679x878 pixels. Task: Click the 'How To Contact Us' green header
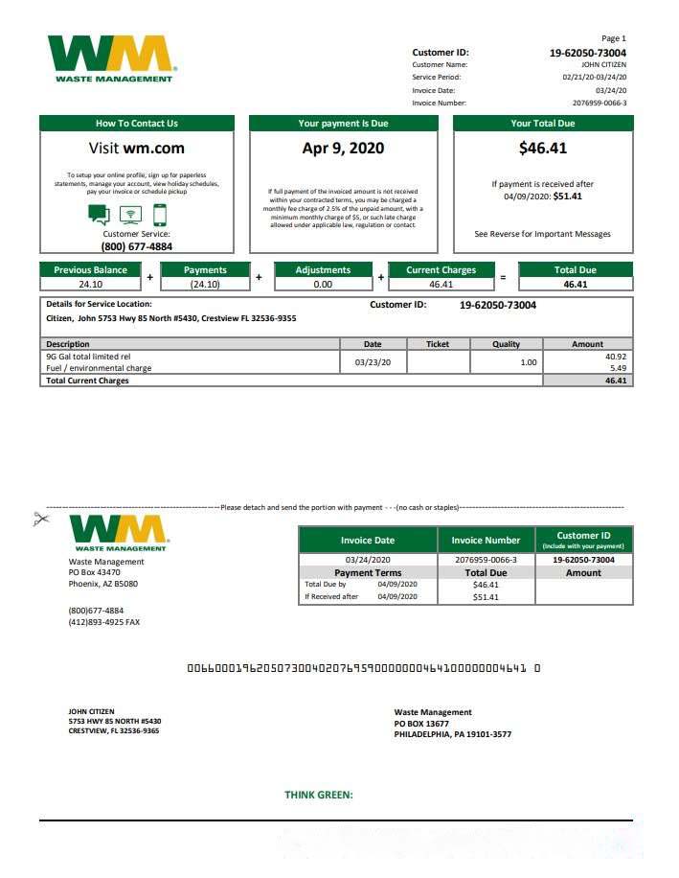(x=136, y=124)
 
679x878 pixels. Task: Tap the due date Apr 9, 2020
(x=343, y=149)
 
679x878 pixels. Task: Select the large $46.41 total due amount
(x=542, y=149)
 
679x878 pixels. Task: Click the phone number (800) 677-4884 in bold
(x=136, y=246)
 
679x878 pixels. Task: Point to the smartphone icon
(x=159, y=215)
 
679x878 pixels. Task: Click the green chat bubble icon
(x=99, y=215)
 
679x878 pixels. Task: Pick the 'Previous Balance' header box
(x=90, y=270)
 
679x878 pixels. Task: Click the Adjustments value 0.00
(x=323, y=285)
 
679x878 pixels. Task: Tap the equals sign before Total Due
(x=503, y=278)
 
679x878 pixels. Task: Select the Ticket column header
(x=437, y=344)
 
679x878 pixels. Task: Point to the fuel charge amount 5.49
(x=617, y=368)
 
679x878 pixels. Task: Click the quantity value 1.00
(x=528, y=362)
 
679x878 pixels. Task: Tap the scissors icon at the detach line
(x=40, y=520)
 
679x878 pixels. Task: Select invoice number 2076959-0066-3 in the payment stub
(x=486, y=560)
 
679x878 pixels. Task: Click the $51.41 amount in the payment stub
(x=486, y=597)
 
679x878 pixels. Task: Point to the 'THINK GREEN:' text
(x=319, y=795)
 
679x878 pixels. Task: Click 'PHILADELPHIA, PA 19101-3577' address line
(x=452, y=735)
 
